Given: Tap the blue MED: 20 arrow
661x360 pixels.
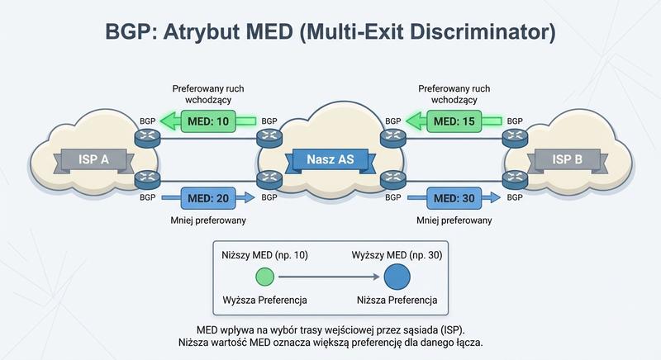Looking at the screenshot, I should tap(208, 198).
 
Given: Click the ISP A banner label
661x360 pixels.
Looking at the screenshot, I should tap(93, 159).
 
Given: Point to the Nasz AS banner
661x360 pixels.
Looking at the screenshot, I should tap(330, 159).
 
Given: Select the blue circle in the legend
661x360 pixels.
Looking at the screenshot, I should tap(396, 277).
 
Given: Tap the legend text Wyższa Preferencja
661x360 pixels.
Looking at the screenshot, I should tap(259, 299).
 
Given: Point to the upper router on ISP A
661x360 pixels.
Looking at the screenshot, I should tap(147, 138).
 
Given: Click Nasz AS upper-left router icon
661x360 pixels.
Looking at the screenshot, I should tap(269, 138).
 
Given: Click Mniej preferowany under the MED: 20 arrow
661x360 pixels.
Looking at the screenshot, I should tap(208, 220).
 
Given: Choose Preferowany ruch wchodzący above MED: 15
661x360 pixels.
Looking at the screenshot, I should tap(454, 92).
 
